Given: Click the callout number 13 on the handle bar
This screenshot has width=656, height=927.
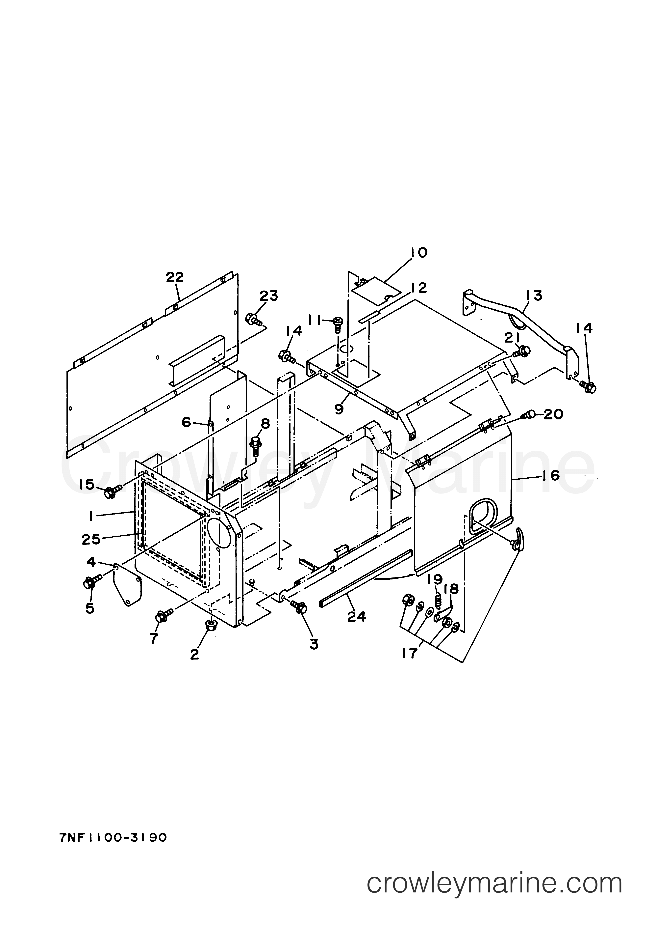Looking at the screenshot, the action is coord(534,295).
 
